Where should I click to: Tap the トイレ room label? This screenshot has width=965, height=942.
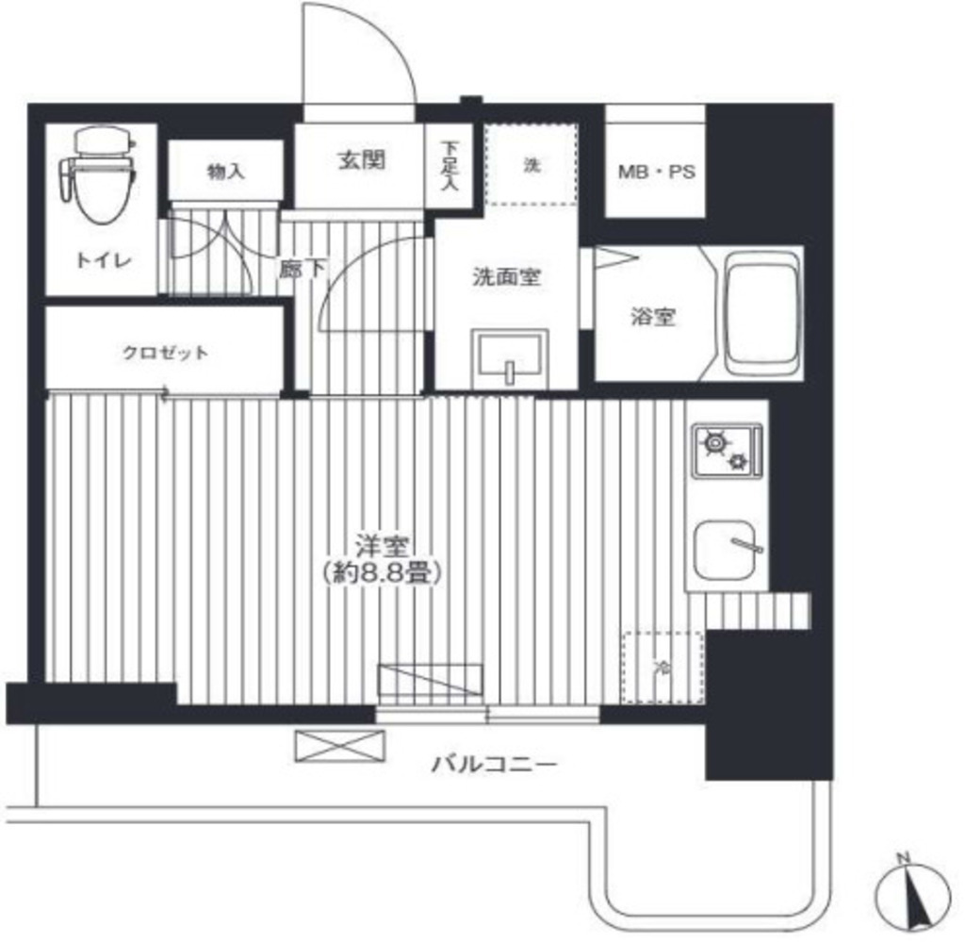[x=104, y=261]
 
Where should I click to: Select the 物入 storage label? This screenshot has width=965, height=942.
[x=226, y=172]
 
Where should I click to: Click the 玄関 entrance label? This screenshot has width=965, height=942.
[x=362, y=160]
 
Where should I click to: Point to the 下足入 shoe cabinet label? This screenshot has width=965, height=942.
[x=450, y=165]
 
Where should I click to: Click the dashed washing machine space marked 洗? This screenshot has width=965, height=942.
[x=532, y=164]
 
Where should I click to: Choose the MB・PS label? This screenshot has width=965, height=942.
[x=656, y=172]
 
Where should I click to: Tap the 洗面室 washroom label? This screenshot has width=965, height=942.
[x=506, y=277]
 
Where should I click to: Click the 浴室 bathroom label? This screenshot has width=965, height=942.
[x=653, y=317]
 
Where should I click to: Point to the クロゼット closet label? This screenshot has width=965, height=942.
[x=166, y=353]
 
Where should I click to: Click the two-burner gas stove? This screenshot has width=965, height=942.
[x=728, y=451]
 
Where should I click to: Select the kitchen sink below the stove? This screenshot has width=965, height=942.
[x=728, y=550]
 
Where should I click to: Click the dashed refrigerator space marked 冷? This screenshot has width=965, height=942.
[x=662, y=668]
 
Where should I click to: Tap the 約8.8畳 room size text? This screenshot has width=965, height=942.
[x=382, y=574]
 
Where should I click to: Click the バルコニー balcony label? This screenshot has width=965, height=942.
[x=494, y=765]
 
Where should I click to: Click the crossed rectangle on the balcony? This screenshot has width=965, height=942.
[x=339, y=746]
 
